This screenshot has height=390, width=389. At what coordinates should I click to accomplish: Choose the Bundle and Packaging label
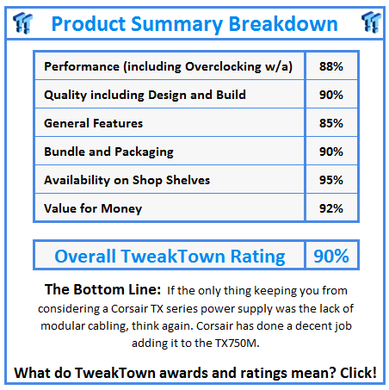tap(108, 152)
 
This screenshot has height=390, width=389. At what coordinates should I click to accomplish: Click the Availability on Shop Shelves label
tap(127, 180)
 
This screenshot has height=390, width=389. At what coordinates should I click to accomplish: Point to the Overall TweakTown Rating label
tap(169, 256)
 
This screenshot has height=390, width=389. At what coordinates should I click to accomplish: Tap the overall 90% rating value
tap(331, 256)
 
